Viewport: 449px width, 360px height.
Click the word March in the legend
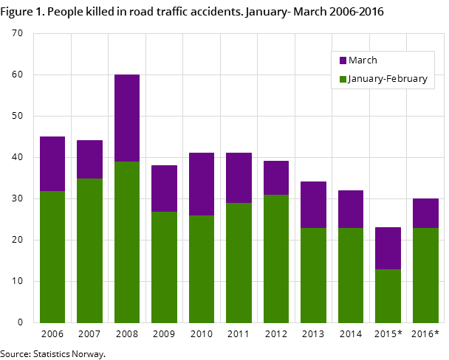tap(363, 60)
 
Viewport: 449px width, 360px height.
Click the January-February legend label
tap(388, 79)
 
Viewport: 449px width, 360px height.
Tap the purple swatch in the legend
tap(343, 60)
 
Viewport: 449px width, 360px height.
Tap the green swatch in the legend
tap(343, 79)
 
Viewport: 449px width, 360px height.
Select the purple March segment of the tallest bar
tap(127, 118)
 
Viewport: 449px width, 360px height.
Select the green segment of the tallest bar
tap(127, 242)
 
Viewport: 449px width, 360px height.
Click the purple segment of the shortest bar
tap(388, 248)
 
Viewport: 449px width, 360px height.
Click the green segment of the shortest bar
tap(388, 296)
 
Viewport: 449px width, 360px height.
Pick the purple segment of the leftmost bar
tap(52, 164)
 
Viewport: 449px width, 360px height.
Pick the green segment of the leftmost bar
tap(52, 257)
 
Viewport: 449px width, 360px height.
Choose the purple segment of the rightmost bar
tap(425, 213)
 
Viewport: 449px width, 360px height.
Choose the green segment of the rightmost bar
tap(425, 275)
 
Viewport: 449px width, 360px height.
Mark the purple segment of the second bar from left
tap(89, 159)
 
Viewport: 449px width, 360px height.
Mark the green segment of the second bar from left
tap(89, 251)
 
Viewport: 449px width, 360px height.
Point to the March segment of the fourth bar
tap(164, 188)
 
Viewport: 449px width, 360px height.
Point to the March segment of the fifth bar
tap(202, 184)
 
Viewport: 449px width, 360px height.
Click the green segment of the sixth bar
tap(239, 263)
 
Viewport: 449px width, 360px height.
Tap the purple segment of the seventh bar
tap(276, 178)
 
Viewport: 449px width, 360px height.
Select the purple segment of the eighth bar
tap(313, 204)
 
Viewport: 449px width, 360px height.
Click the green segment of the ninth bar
tap(351, 275)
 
